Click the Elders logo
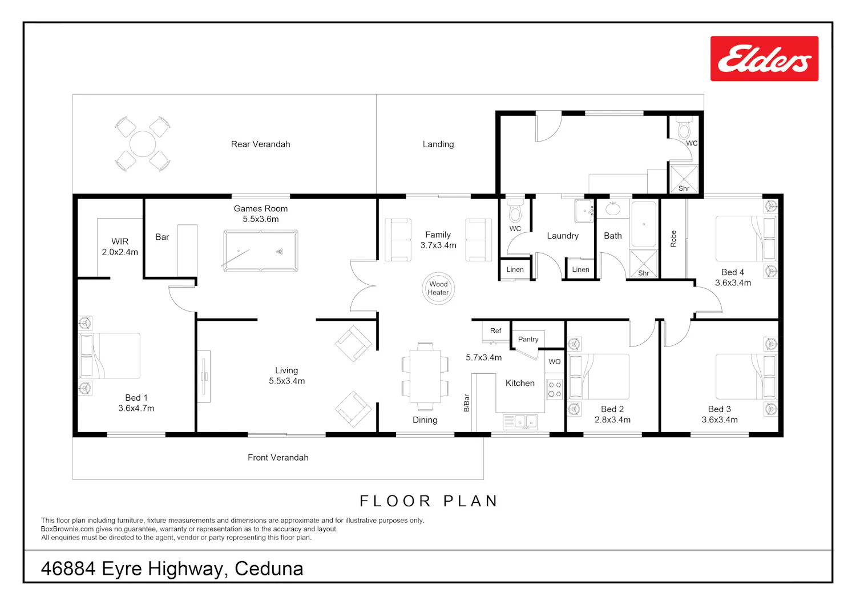point(764,58)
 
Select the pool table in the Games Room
point(261,251)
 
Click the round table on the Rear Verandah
point(143,144)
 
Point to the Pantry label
point(528,339)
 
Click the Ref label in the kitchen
point(496,330)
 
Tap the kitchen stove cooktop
point(555,389)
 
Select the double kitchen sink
point(520,422)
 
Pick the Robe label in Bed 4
point(673,239)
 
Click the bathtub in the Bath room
point(644,224)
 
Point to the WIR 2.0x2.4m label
point(120,247)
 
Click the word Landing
point(438,144)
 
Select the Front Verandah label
point(278,458)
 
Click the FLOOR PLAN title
point(429,501)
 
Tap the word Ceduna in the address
point(269,568)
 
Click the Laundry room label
point(563,236)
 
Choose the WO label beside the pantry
point(555,361)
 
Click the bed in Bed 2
point(599,377)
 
